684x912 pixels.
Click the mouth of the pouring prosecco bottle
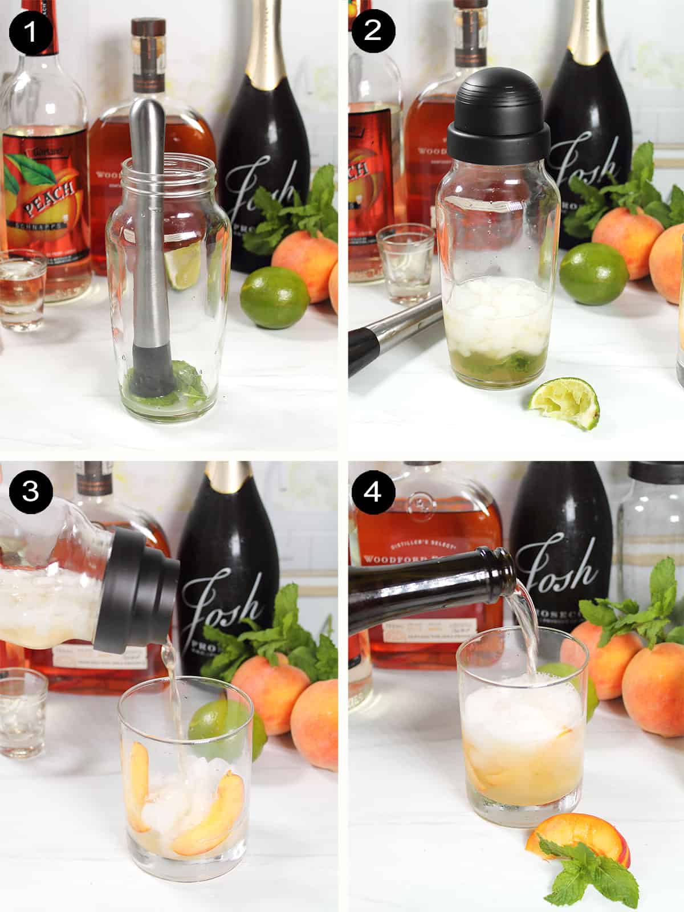tap(504, 561)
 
